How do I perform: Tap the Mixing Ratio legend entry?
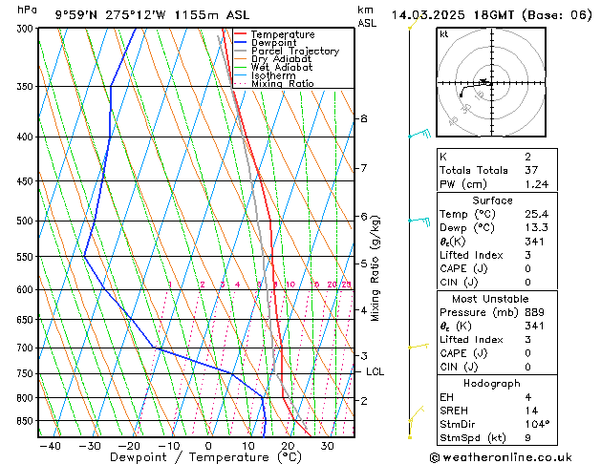pyautogui.click(x=282, y=84)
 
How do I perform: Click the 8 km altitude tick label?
pyautogui.click(x=363, y=118)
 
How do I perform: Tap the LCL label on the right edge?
pyautogui.click(x=375, y=372)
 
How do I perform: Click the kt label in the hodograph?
pyautogui.click(x=444, y=33)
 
